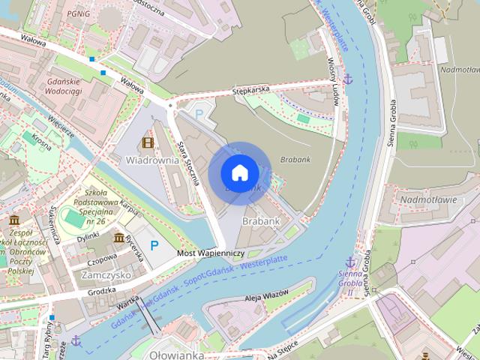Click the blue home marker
coord(239,172)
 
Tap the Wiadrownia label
coord(151,160)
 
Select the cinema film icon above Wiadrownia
coord(148,142)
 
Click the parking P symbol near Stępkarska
coord(199,113)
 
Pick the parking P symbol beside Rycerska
coord(154,245)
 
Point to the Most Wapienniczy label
coord(210,253)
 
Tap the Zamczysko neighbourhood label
coord(105,275)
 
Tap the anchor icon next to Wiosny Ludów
coord(348,79)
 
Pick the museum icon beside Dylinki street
coord(119,238)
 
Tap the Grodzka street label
coord(101,290)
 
